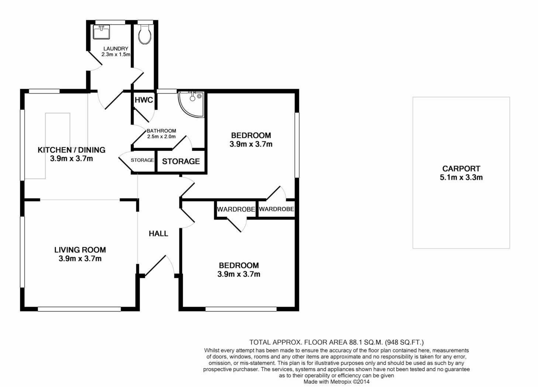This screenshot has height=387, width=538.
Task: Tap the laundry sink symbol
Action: coord(101,32)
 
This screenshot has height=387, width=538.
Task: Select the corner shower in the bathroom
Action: coord(191,105)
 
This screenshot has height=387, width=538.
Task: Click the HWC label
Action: coord(144,100)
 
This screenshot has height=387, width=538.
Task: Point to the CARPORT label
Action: coord(461,169)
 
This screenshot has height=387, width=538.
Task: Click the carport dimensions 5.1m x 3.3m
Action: coord(461,178)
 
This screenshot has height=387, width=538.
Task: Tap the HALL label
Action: coord(158,233)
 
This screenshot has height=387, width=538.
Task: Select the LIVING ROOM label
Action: coord(80,250)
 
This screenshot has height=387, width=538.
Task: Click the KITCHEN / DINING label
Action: coord(72,150)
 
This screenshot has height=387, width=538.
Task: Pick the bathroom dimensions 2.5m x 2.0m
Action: coord(161,136)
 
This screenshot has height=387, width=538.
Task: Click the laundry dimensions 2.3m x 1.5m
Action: coord(116,54)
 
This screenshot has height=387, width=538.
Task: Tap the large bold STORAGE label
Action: coord(181,161)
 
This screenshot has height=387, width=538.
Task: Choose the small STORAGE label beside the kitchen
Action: coord(142,160)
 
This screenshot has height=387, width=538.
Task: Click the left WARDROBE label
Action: coord(236,209)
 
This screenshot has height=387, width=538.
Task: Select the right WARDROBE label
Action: coord(276,209)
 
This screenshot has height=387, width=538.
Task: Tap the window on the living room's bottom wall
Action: coord(79,309)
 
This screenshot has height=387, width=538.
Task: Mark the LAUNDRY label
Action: coord(116,49)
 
